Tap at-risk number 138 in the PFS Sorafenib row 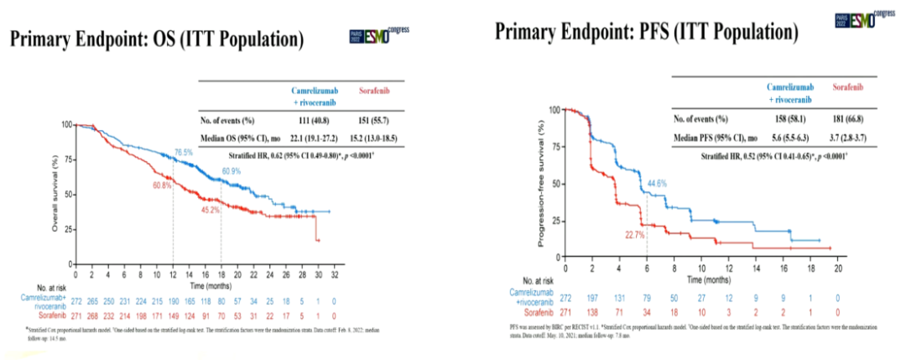point(593,310)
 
